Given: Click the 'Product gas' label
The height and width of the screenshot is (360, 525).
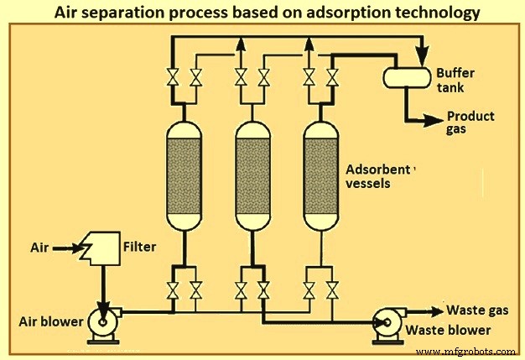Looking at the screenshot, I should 470,123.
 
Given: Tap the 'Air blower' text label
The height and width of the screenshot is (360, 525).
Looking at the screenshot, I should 49,321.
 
